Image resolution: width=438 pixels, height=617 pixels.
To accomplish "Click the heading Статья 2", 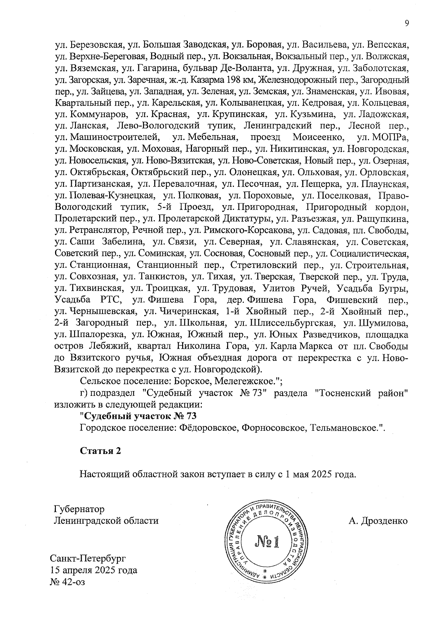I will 100,450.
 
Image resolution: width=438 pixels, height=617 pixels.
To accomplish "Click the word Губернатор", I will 79,509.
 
